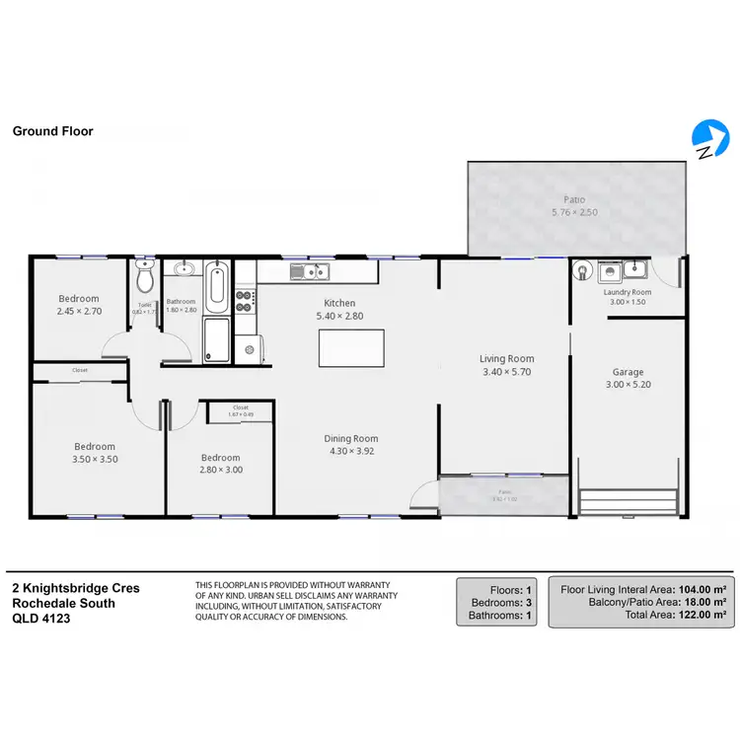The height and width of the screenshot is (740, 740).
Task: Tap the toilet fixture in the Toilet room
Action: coord(145,278)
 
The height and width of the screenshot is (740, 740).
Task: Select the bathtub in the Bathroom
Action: coord(217,285)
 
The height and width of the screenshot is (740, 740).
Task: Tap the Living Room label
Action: coord(506,359)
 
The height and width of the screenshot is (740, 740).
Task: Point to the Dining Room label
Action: coord(351,439)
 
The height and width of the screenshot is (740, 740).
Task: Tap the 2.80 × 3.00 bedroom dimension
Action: coord(220,470)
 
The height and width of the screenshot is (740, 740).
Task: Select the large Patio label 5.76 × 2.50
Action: coord(573,212)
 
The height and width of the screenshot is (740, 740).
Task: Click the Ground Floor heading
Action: coord(52,130)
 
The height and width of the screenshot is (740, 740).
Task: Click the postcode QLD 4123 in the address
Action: coord(41,619)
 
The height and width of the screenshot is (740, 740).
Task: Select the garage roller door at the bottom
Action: coord(628,501)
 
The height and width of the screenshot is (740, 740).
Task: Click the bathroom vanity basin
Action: coord(184,268)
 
